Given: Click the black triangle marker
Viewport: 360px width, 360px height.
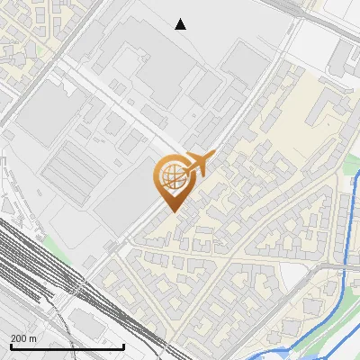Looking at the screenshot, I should click(181, 24).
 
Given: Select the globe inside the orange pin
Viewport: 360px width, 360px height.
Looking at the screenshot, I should click(170, 176).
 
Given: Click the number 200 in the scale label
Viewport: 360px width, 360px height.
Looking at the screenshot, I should click(19, 338).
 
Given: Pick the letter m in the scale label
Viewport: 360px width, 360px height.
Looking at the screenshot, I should click(33, 338).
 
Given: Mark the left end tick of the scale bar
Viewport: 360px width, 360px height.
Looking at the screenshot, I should click(10, 346).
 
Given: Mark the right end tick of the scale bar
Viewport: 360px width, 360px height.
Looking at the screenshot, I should click(123, 346).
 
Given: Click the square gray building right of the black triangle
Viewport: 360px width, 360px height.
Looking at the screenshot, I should click(245, 63).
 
